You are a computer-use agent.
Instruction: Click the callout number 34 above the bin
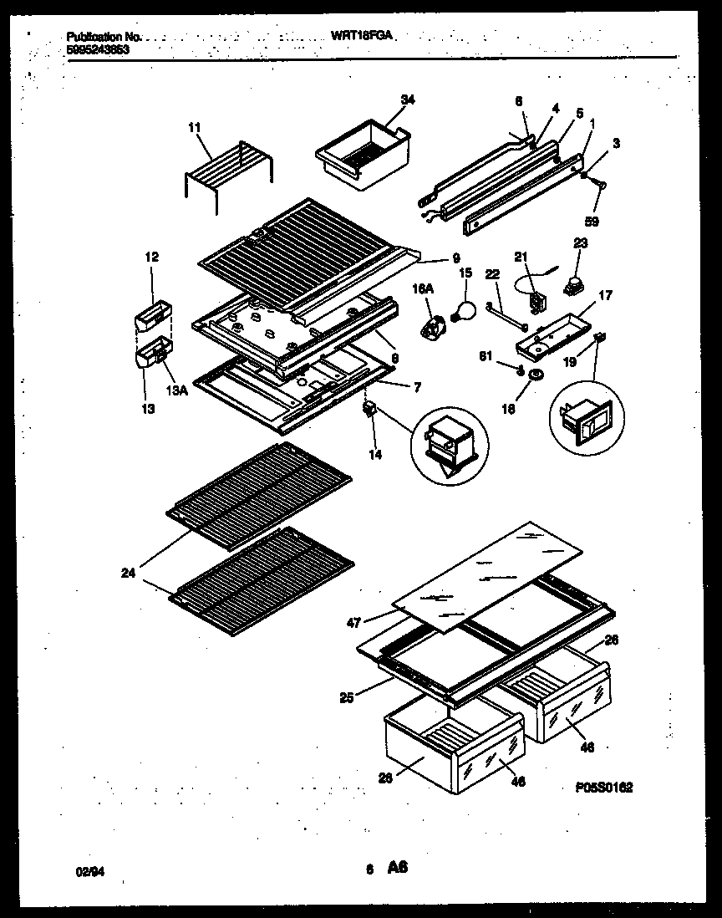click(x=407, y=100)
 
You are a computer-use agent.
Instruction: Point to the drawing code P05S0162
click(x=603, y=786)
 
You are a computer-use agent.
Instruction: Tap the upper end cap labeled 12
click(x=153, y=315)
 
